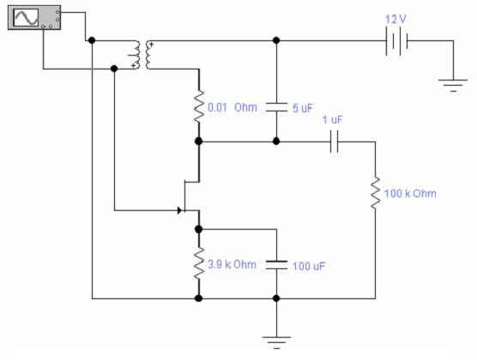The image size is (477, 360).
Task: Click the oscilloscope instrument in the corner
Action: [x=34, y=18]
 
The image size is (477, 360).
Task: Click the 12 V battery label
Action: [x=395, y=20]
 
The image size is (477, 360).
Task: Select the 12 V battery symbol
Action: [x=396, y=41]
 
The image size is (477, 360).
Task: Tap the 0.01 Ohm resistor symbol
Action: [x=199, y=106]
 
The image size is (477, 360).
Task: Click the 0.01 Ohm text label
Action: [x=232, y=107]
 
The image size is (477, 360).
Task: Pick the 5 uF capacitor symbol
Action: [x=276, y=107]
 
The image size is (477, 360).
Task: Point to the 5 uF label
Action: [x=302, y=108]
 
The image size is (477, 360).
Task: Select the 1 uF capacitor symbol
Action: [x=334, y=141]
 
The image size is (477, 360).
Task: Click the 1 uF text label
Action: [x=332, y=120]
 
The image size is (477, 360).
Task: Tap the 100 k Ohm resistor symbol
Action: [x=375, y=193]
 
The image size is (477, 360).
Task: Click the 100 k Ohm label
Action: [x=410, y=194]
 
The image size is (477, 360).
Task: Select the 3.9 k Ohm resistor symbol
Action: [x=199, y=263]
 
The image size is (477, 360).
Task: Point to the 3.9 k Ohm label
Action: [x=232, y=265]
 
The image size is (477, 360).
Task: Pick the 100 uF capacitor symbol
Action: [x=276, y=265]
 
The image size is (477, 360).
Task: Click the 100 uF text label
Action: [x=309, y=267]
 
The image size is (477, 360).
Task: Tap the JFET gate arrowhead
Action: [x=180, y=210]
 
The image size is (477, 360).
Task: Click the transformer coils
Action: [x=142, y=55]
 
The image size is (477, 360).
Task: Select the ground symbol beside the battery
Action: [x=453, y=85]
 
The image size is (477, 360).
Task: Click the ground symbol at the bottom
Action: [x=276, y=342]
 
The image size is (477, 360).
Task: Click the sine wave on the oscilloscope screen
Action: [x=27, y=18]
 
